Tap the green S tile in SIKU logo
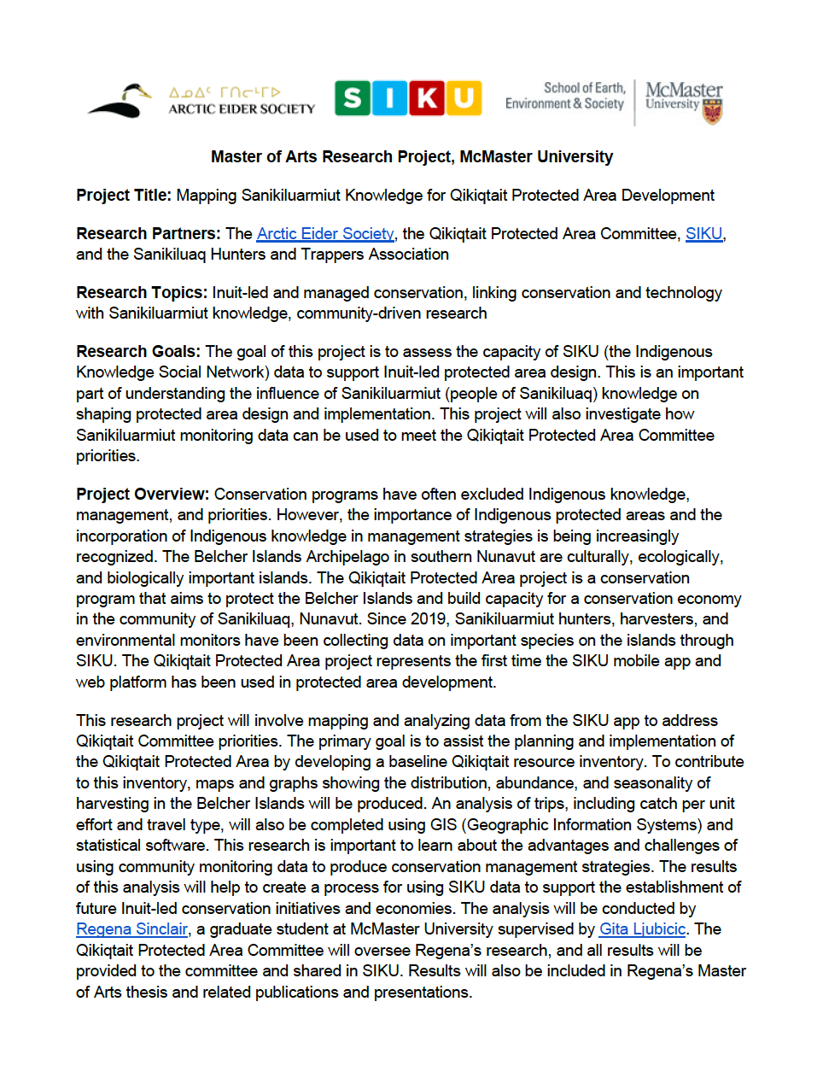click(x=353, y=98)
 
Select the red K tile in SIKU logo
click(x=427, y=98)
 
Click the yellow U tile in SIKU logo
click(x=464, y=98)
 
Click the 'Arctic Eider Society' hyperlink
click(x=325, y=234)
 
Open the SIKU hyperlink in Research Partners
click(x=703, y=234)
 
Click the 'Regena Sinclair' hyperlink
click(x=131, y=929)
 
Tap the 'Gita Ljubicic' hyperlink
click(x=642, y=929)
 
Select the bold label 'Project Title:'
click(x=124, y=196)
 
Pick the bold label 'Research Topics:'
click(x=142, y=293)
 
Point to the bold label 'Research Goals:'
click(x=138, y=352)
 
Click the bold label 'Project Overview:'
click(x=143, y=495)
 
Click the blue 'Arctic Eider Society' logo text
click(x=242, y=108)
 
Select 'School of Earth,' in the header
click(x=585, y=88)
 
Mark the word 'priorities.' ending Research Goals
click(x=108, y=456)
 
